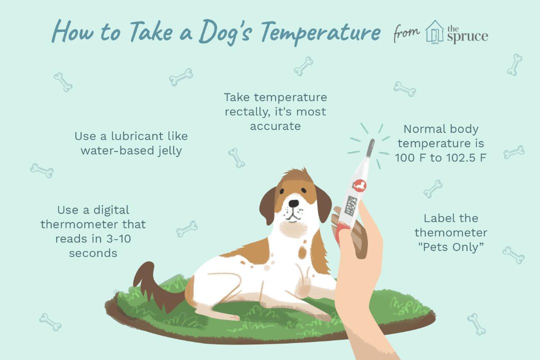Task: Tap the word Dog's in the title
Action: [224, 31]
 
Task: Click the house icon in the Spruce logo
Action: [434, 31]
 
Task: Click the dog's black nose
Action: [293, 203]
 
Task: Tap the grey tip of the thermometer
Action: [370, 147]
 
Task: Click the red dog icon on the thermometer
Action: [359, 185]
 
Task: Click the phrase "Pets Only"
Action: [451, 247]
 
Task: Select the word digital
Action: [111, 210]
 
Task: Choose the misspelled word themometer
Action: [451, 232]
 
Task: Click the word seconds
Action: [93, 253]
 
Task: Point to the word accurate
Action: [275, 126]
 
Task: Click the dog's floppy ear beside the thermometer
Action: [323, 203]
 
